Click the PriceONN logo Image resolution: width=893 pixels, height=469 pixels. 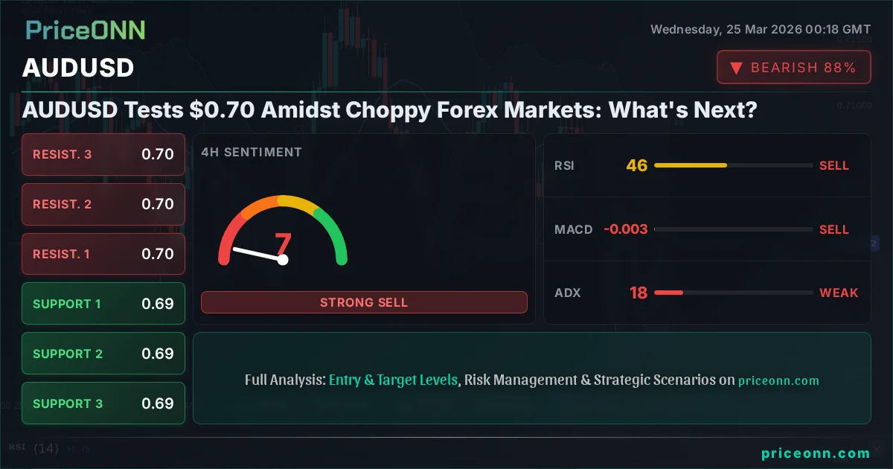pos(86,31)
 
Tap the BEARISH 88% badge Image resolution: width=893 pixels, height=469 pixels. pos(793,68)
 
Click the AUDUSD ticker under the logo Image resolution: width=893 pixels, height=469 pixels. pos(78,68)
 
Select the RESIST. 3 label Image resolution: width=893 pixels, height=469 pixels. pos(63,155)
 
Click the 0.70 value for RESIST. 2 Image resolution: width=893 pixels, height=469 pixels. pos(158,204)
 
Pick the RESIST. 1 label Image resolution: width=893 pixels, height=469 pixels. pos(61,254)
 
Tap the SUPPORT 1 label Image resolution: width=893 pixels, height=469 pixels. pos(66,304)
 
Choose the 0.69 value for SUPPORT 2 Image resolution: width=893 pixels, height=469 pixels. pos(158,354)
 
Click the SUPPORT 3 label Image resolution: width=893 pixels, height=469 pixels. pos(67,403)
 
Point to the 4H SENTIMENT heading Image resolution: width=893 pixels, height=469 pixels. pos(252,152)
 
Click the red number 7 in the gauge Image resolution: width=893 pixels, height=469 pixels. pos(283,244)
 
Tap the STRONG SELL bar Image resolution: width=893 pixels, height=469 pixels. pos(364,302)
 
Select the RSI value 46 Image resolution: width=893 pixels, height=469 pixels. pos(637,165)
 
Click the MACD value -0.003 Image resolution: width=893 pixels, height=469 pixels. pos(625,229)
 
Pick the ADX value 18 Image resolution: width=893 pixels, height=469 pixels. pos(638,293)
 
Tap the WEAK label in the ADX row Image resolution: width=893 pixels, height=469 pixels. pos(839,293)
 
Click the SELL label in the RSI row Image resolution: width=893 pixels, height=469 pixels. pos(833,165)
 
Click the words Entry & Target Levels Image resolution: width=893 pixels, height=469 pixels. pos(393,380)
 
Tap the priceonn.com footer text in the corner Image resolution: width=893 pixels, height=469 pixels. pos(816,453)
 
